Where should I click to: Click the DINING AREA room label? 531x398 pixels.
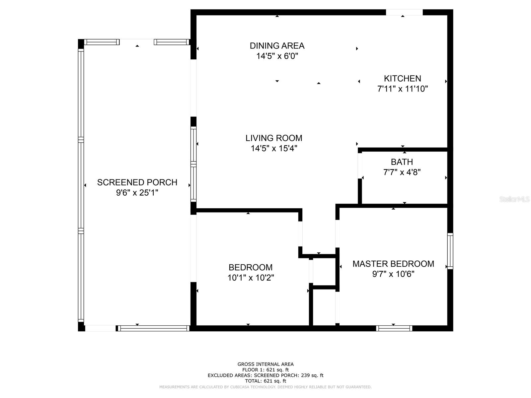pos(277,46)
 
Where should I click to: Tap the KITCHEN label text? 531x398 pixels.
pos(403,79)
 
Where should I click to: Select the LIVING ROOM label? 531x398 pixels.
pos(274,138)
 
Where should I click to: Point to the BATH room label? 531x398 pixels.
pos(402,162)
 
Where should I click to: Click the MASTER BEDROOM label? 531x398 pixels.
pos(393,264)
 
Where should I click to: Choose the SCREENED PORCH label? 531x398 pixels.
pos(137,182)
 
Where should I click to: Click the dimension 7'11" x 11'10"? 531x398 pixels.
pos(403,89)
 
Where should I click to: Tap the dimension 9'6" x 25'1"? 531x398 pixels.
pos(137,193)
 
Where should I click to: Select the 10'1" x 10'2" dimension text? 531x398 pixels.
pos(251,278)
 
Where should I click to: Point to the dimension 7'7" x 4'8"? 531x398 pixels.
pos(402,172)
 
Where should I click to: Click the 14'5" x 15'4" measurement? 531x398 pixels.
pos(274,148)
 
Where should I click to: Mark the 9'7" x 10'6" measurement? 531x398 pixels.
pos(393,274)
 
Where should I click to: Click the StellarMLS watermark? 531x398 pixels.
pos(514,199)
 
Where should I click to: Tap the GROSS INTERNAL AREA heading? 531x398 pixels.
pos(265,364)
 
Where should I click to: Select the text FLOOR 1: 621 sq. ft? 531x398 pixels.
pos(265,370)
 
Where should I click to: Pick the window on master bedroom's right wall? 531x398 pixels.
pos(450,251)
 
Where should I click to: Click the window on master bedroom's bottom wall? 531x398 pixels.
pos(394,328)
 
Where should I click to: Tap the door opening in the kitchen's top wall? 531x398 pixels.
pos(404,12)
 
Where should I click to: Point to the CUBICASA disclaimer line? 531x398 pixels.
pos(265,387)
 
